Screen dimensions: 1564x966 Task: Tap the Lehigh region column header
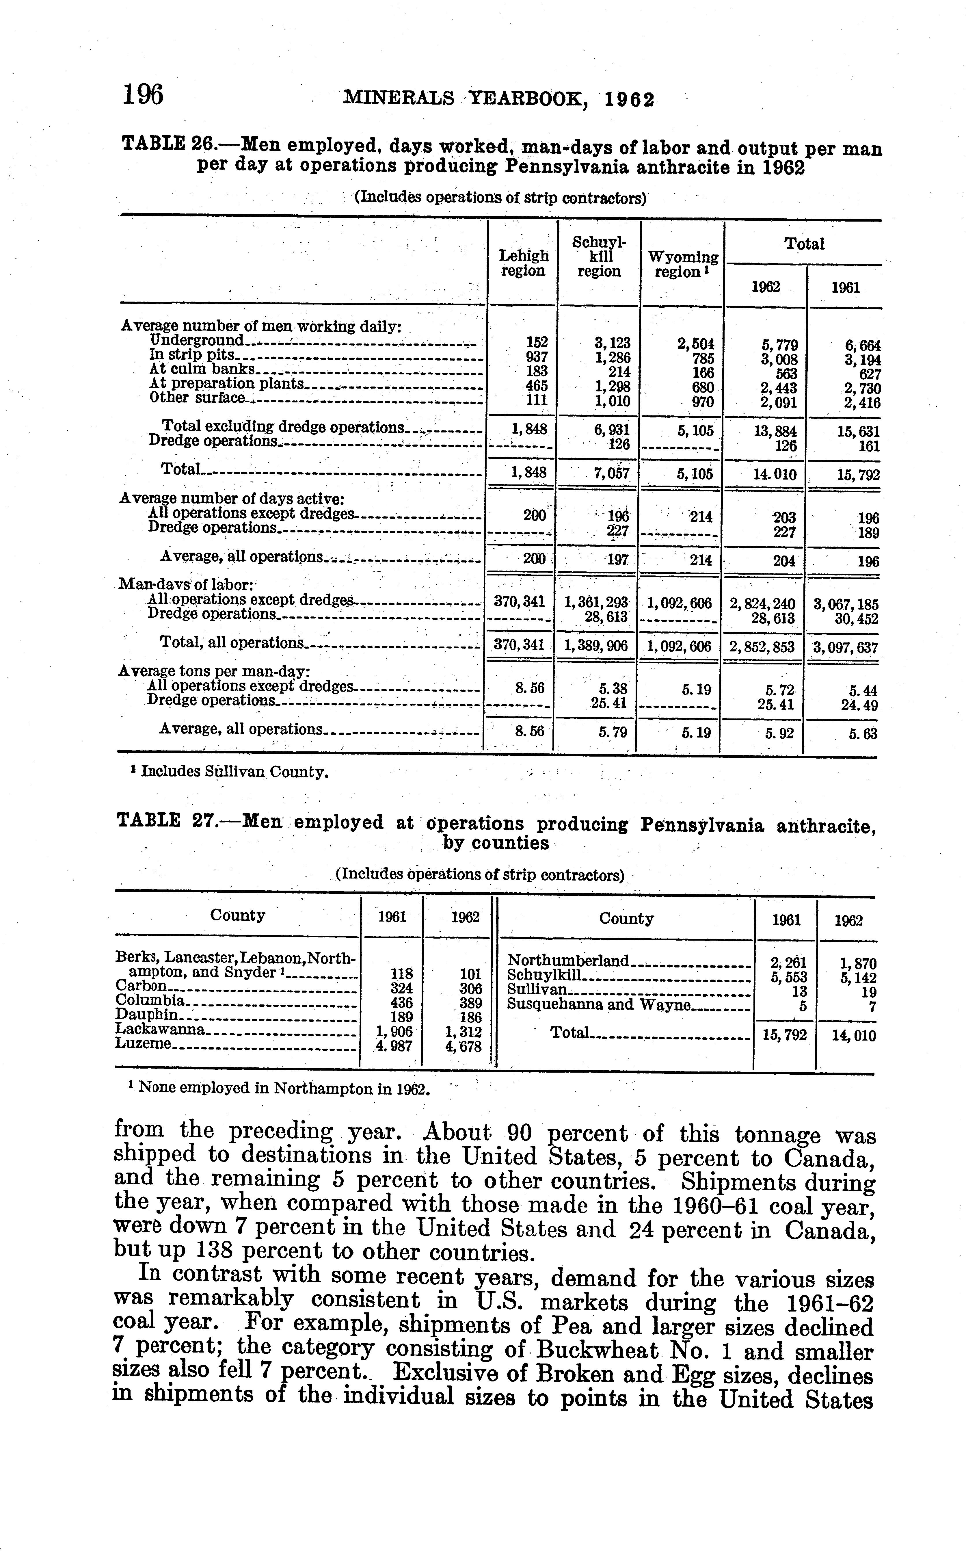pos(523,263)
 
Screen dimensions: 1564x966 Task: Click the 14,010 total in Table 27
pos(854,1036)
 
